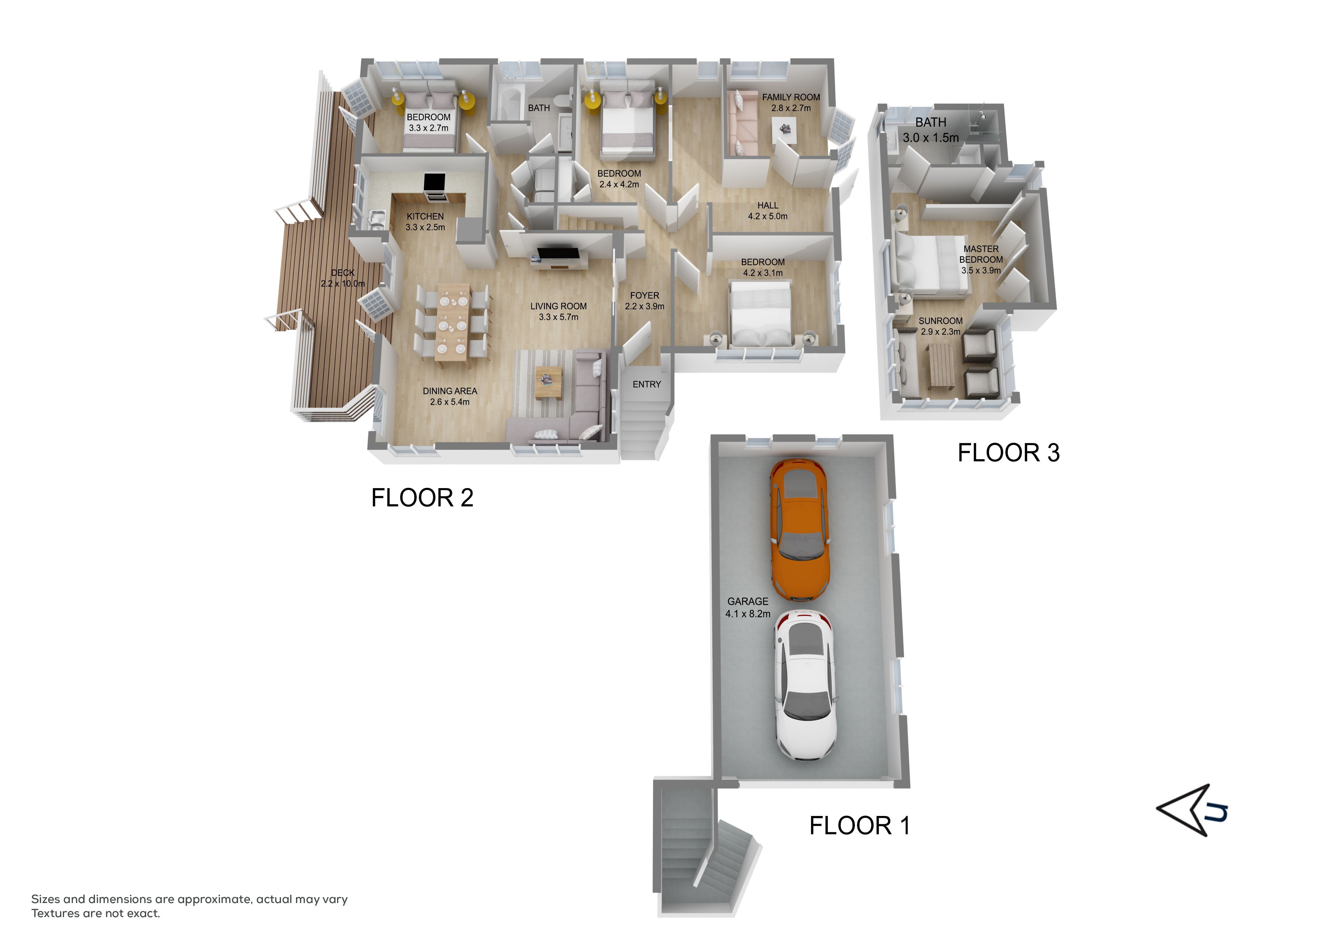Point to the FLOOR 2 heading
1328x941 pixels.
(x=422, y=498)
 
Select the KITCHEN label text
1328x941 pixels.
(x=425, y=216)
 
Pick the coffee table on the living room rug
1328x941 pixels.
(x=548, y=382)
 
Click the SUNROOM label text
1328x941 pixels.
(x=940, y=321)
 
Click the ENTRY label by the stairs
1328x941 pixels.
(x=647, y=384)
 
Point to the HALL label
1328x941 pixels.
(x=768, y=205)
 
